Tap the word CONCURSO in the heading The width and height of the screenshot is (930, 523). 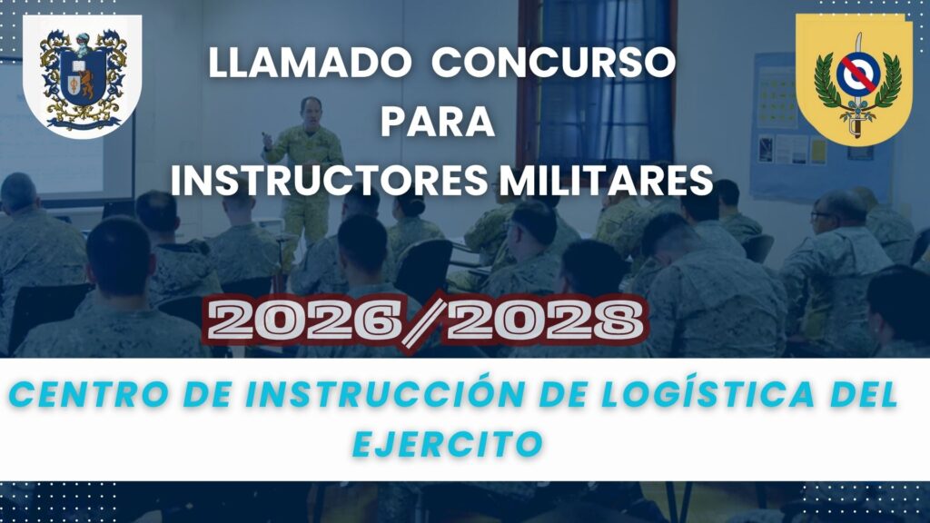pyautogui.click(x=553, y=63)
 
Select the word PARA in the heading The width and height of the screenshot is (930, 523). pyautogui.click(x=437, y=122)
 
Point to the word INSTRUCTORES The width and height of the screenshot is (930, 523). pyautogui.click(x=329, y=181)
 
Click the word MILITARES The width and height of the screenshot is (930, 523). pyautogui.click(x=606, y=181)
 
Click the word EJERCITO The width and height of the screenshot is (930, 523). pyautogui.click(x=448, y=443)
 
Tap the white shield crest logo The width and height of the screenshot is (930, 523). pyautogui.click(x=82, y=75)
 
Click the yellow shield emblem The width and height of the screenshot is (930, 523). pyautogui.click(x=854, y=80)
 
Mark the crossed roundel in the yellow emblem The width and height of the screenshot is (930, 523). pyautogui.click(x=857, y=74)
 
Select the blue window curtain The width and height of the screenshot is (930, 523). pyautogui.click(x=606, y=83)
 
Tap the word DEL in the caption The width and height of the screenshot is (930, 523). pyautogui.click(x=864, y=395)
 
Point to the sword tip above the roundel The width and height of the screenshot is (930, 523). pyautogui.click(x=858, y=34)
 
